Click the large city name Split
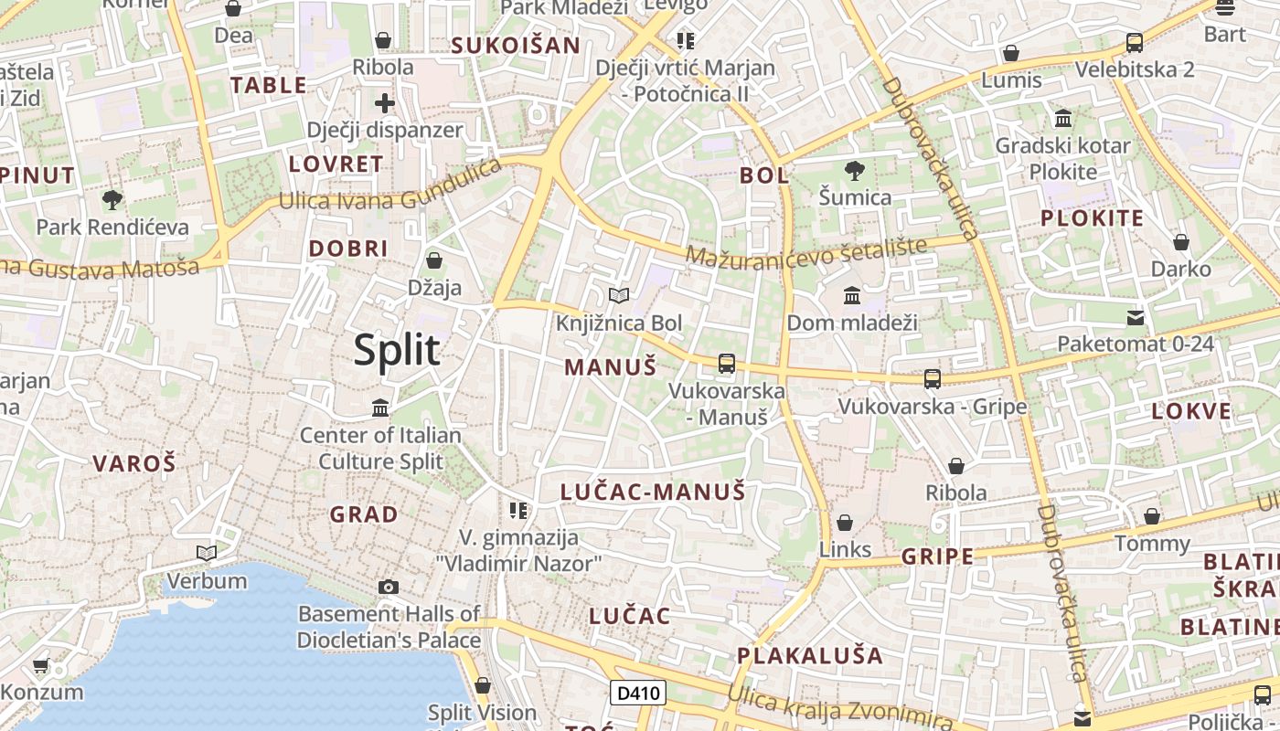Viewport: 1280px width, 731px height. [x=397, y=351]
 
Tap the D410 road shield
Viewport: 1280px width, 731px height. [x=638, y=693]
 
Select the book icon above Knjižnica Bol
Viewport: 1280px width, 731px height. [x=619, y=295]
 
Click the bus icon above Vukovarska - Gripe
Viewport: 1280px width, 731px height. [x=933, y=378]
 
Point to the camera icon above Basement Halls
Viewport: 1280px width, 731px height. [x=389, y=587]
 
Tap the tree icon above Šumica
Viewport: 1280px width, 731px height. [x=855, y=170]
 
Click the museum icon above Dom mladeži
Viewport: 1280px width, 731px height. [x=852, y=295]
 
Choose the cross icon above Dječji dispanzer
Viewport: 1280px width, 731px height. [x=385, y=102]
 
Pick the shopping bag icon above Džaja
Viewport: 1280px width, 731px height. [x=434, y=260]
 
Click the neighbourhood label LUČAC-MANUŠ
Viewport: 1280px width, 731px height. [x=653, y=492]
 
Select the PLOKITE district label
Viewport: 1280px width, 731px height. [x=1093, y=217]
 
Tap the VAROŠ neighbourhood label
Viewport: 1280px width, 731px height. [x=133, y=463]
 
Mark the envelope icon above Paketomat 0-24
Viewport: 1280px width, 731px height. [x=1136, y=317]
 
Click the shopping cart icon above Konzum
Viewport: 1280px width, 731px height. [x=40, y=666]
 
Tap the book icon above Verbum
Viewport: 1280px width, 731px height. [x=207, y=553]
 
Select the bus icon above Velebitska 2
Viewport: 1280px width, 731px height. [x=1135, y=42]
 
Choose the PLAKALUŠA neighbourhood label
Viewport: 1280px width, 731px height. [x=810, y=655]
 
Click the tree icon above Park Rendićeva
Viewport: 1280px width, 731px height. [x=112, y=199]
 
